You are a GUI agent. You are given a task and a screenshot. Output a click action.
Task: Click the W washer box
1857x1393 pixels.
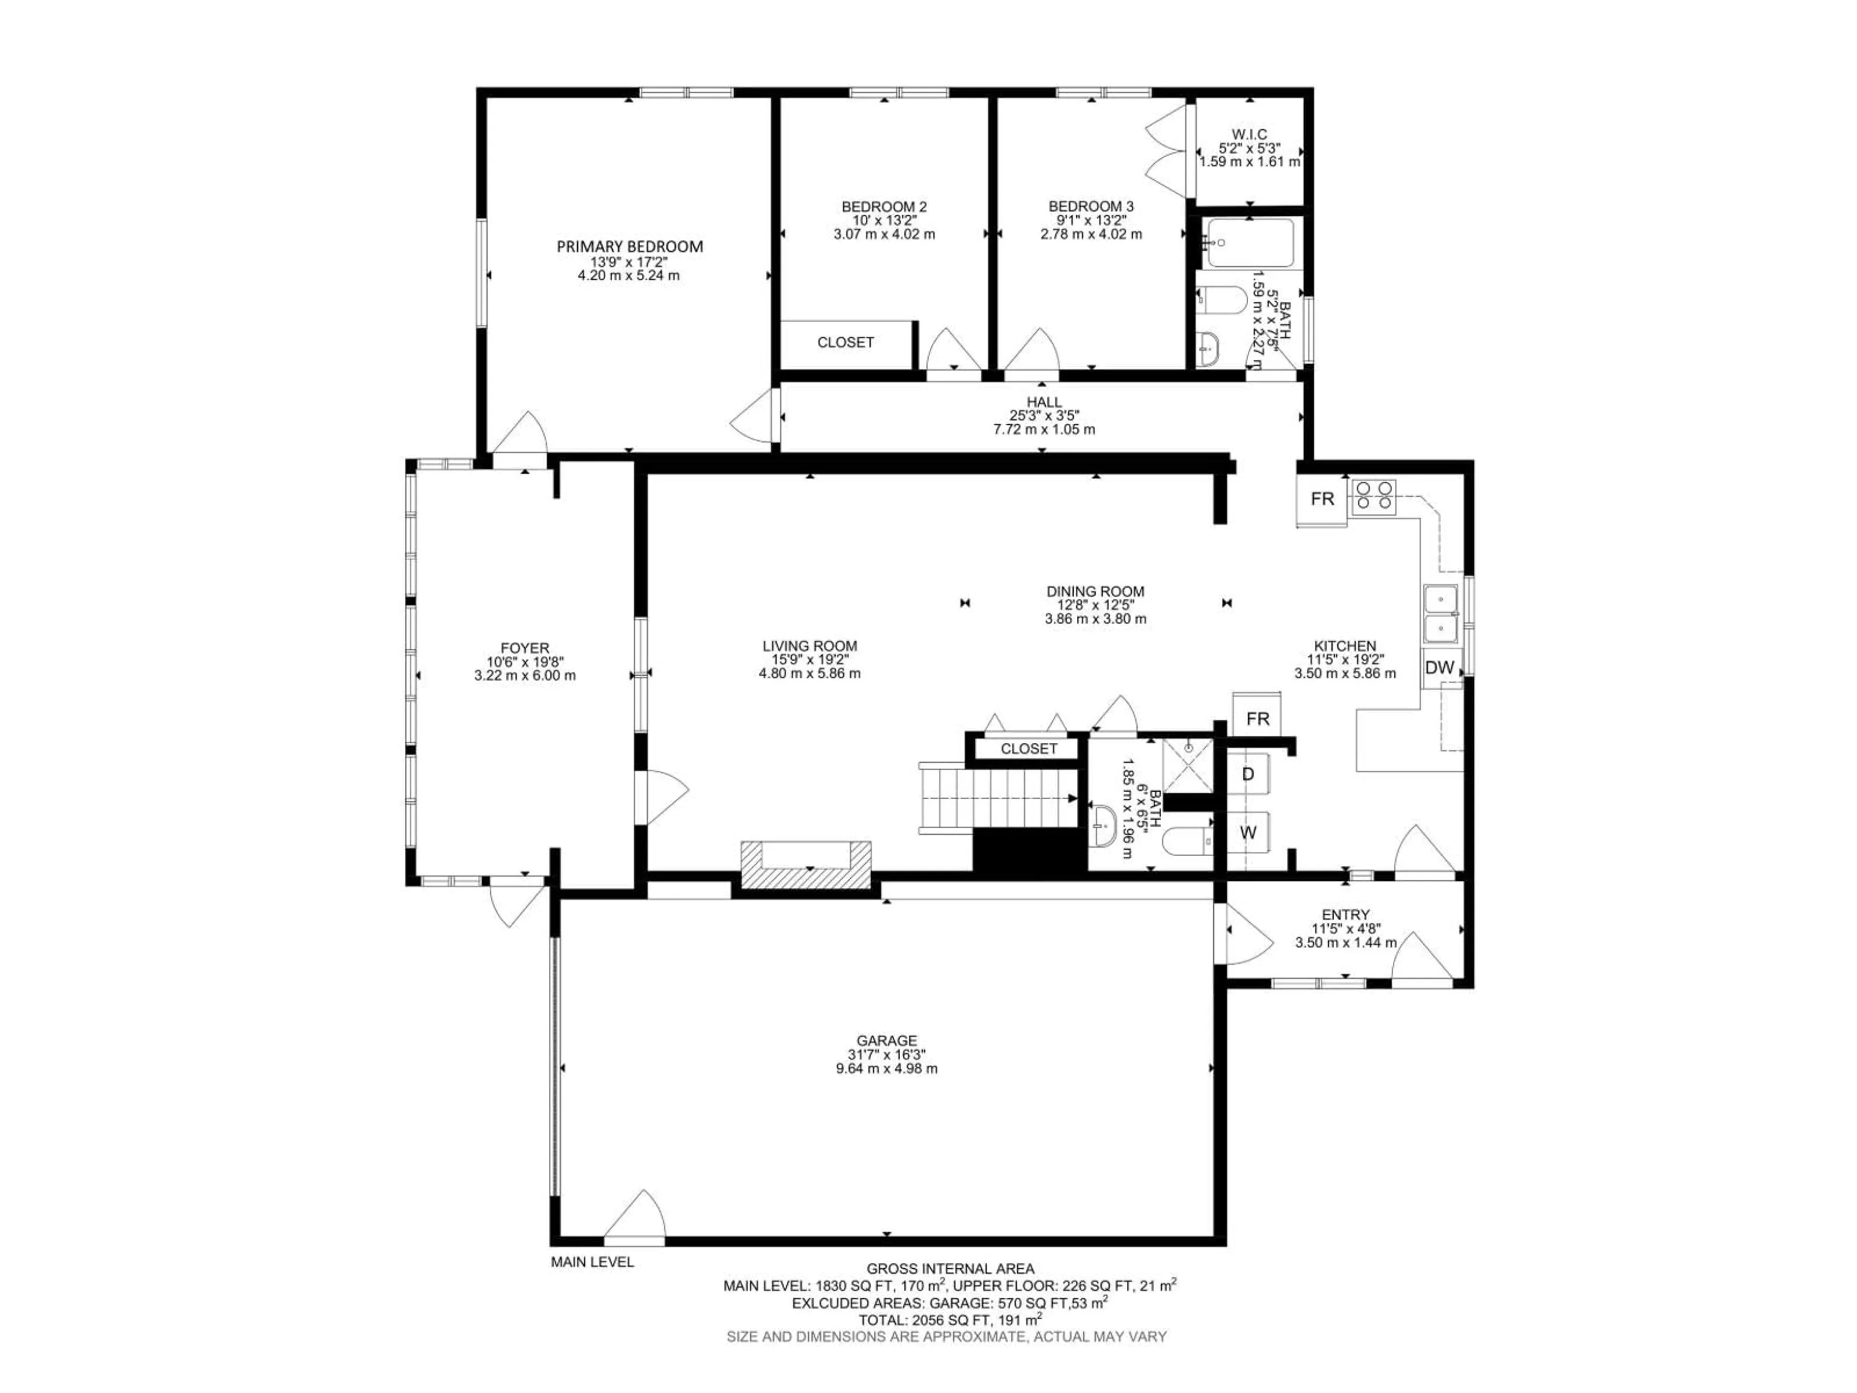pyautogui.click(x=1248, y=832)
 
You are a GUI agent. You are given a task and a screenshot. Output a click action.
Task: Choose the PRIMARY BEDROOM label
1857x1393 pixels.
pyautogui.click(x=630, y=247)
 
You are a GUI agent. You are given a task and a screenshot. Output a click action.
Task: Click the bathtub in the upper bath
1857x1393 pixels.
pyautogui.click(x=1248, y=243)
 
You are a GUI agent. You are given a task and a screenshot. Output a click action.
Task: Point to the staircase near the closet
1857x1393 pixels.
pyautogui.click(x=999, y=798)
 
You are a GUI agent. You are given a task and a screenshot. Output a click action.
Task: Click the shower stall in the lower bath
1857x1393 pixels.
pyautogui.click(x=1188, y=765)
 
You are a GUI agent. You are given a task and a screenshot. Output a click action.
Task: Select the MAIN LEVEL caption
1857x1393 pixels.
pyautogui.click(x=592, y=1262)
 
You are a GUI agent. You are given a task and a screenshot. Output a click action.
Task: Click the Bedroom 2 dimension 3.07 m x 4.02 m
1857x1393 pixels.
pyautogui.click(x=884, y=234)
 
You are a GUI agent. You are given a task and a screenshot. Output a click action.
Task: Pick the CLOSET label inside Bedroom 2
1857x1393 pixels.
pyautogui.click(x=845, y=342)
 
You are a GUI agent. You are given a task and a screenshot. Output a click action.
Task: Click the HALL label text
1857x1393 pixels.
pyautogui.click(x=1044, y=402)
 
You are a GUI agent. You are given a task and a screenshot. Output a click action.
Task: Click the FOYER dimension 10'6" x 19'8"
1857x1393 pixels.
pyautogui.click(x=525, y=662)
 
